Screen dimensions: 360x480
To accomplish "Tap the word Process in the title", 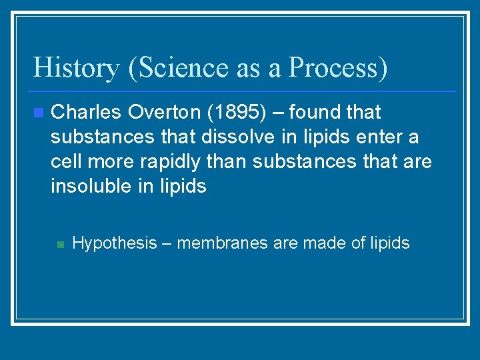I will tap(334, 68).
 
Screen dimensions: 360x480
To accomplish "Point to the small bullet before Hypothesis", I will tap(59, 244).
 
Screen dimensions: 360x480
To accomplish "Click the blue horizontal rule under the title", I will tap(244, 91).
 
